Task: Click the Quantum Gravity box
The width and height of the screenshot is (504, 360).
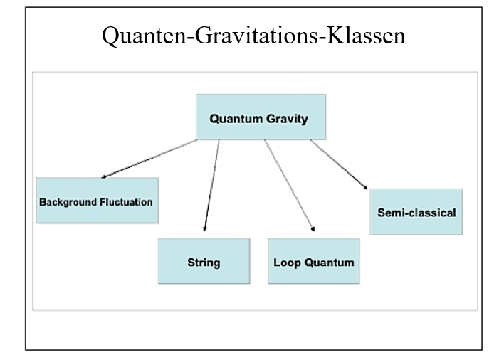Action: pos(261,117)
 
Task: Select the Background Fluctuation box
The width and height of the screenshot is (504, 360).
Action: pos(98,201)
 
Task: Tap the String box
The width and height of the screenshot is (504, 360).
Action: pos(204,261)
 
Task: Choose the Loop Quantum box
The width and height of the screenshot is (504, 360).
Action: pos(314,261)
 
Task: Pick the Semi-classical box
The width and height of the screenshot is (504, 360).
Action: pos(416,212)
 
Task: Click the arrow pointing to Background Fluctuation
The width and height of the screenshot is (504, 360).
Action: pos(149,159)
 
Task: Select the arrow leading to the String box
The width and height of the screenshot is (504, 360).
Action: pos(212,185)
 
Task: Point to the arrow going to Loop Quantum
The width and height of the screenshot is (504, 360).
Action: pos(290,185)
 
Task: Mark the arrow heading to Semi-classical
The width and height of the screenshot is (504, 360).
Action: pos(339,164)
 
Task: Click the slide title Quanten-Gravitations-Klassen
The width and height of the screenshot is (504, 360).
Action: pos(253,36)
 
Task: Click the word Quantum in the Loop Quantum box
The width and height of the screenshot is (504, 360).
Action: pos(329,263)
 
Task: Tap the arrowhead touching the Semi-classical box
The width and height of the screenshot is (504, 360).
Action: pos(365,187)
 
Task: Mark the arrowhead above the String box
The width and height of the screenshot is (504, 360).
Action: pos(204,228)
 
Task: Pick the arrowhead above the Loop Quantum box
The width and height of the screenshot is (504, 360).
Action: pos(313,229)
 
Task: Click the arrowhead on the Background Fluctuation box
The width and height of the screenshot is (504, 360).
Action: pos(104,176)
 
